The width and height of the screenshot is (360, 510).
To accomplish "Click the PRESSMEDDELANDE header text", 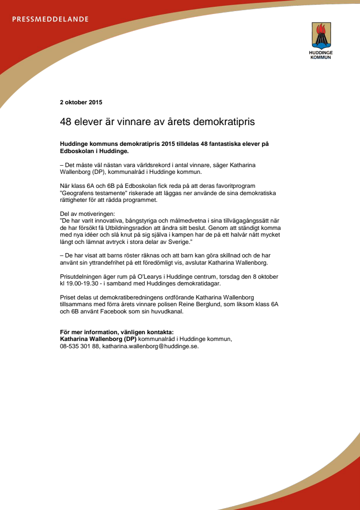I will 50,19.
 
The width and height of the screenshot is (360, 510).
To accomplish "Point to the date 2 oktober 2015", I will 81,102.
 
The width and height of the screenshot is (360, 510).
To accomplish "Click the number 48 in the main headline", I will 65,122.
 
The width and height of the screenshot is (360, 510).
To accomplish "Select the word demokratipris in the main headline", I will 224,122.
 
